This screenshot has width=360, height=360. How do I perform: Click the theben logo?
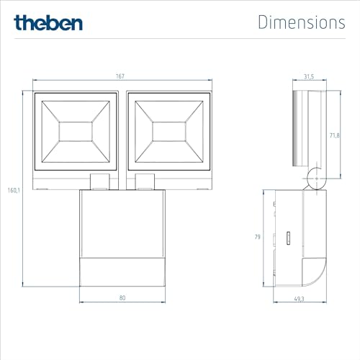tap(48, 22)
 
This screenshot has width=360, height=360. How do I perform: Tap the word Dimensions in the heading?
tap(301, 22)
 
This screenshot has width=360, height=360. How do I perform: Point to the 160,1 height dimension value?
tap(12, 191)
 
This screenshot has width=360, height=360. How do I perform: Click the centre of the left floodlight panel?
tap(75, 132)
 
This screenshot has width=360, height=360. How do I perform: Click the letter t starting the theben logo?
tap(17, 22)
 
